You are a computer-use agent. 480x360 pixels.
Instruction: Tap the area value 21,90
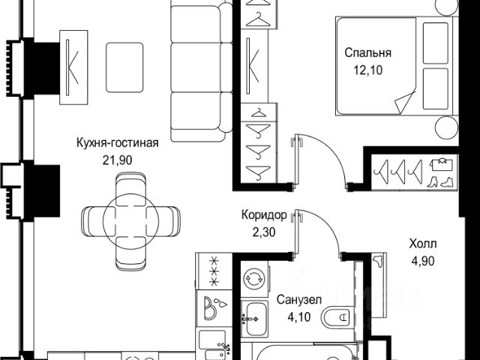115,159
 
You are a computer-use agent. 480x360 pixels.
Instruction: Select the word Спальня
368,53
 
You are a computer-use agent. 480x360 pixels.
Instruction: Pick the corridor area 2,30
263,230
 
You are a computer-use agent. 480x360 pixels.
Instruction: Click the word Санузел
299,299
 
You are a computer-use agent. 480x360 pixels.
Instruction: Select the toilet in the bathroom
337,319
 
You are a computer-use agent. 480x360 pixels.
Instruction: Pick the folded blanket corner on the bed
406,102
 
